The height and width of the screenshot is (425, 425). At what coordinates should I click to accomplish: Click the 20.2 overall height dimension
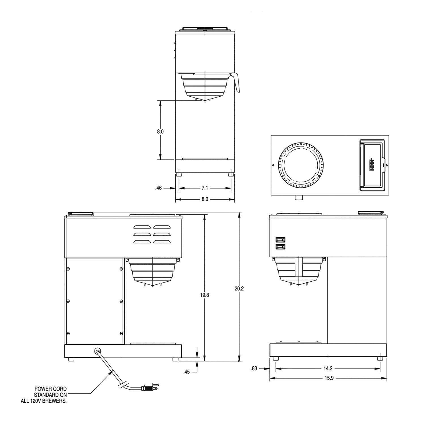239,289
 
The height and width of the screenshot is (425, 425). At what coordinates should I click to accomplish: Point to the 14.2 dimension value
328,369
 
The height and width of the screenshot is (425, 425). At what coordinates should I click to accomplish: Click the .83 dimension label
254,369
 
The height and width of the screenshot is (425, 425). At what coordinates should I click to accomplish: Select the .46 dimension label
159,188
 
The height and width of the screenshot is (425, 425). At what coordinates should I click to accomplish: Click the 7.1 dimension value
205,188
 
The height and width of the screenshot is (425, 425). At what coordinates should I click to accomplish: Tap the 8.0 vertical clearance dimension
160,131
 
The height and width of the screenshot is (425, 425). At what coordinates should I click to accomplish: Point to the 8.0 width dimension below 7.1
205,199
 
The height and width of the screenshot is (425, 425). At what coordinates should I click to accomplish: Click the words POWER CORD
51,389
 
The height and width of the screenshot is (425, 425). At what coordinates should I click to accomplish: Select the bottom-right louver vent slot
162,242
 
